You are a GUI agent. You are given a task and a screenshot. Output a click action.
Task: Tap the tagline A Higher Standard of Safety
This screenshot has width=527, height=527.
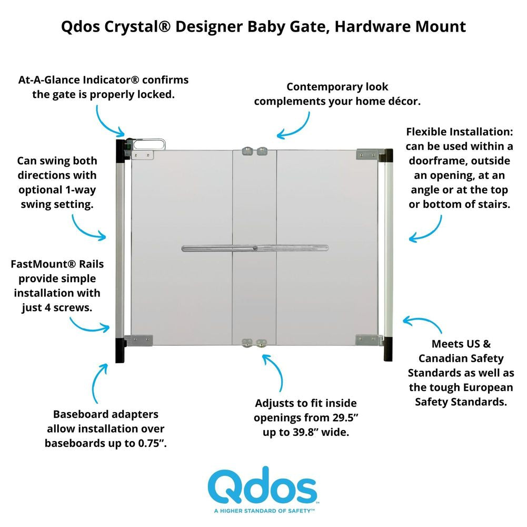(x=264, y=511)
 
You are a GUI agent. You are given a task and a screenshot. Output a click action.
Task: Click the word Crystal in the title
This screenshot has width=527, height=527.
(x=137, y=26)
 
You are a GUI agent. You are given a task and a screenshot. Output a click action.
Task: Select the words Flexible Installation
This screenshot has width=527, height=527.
(x=460, y=132)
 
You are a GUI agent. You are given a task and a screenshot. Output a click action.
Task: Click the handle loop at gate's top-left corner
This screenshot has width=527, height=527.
(x=149, y=145)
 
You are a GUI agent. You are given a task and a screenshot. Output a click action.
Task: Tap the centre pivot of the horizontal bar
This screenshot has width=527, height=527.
(x=255, y=248)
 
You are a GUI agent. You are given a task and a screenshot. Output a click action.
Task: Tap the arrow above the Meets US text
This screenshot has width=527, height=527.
(x=424, y=321)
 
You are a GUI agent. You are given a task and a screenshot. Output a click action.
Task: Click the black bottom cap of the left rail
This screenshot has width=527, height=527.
(x=120, y=350)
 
